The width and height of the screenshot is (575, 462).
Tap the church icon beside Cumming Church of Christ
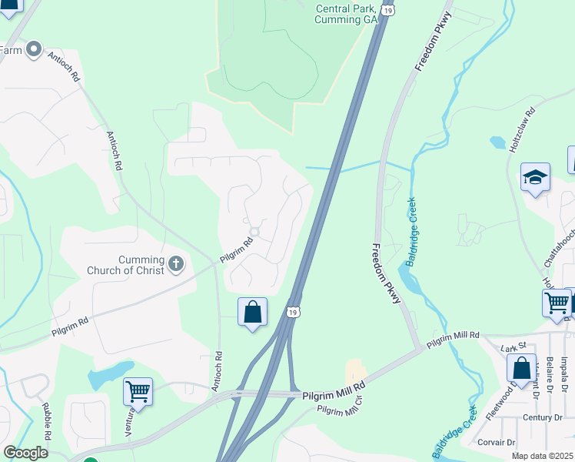176,265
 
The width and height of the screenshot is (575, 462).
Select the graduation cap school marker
535,178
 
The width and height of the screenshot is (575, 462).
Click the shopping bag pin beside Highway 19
252,313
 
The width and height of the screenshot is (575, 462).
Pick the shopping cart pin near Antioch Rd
138,392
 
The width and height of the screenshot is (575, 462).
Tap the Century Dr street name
543,417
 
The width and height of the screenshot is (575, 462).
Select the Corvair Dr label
495,442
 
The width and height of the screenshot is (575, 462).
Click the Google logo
25,453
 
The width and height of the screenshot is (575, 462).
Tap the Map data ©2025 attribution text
542,457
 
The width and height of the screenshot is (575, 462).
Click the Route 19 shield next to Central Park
388,9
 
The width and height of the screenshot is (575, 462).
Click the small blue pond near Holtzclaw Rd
497,142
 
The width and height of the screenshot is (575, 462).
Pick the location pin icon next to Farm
33,51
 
